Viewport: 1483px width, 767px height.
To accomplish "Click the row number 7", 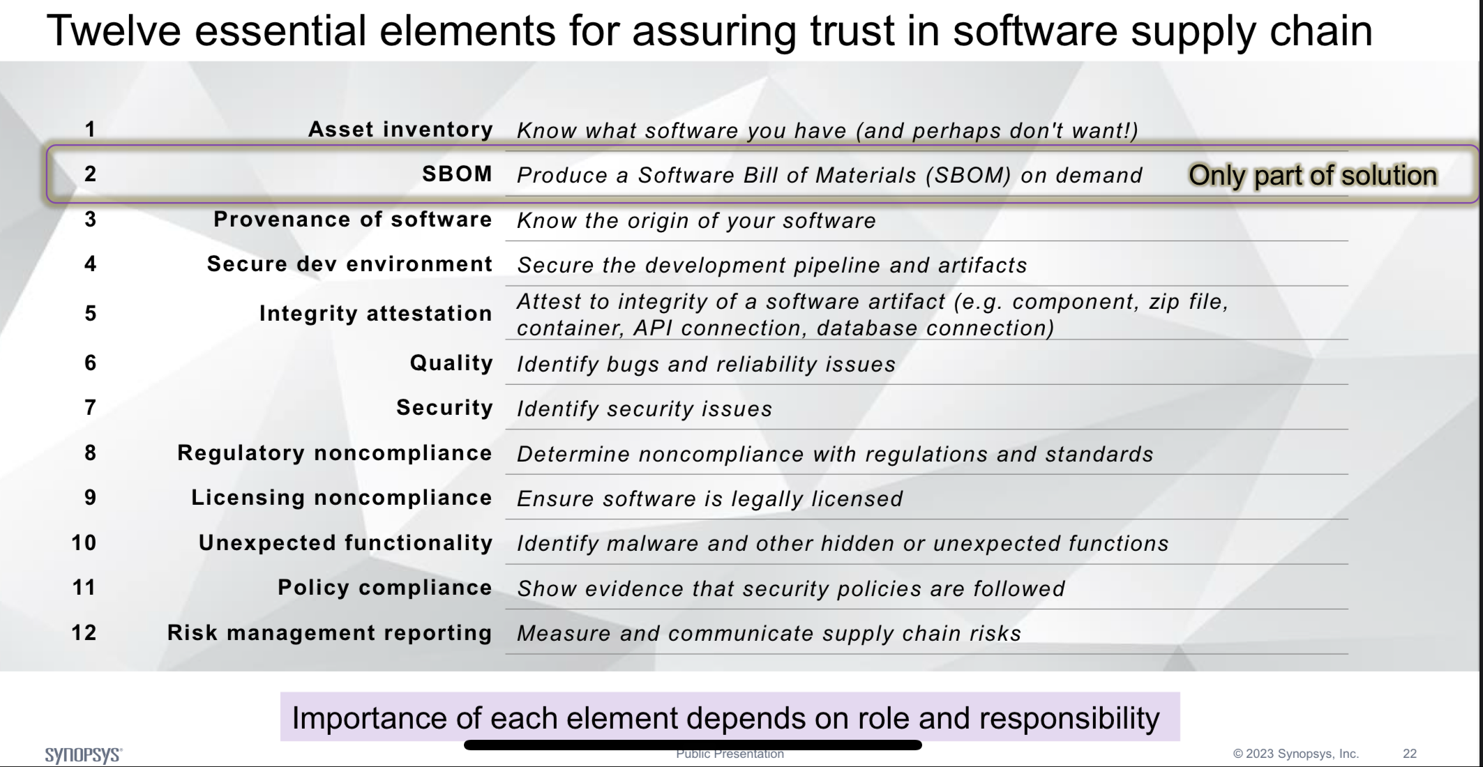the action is tap(90, 407).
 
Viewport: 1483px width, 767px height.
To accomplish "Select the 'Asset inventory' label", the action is tap(401, 130).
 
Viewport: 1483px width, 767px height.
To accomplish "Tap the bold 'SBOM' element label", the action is tap(458, 174).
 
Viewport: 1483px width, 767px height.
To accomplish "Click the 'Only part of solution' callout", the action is tap(1313, 175).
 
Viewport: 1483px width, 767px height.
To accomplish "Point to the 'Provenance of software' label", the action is tap(353, 220).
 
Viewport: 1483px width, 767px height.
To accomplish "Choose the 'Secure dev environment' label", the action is tap(350, 264).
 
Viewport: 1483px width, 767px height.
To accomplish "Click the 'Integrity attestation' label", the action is tap(376, 314).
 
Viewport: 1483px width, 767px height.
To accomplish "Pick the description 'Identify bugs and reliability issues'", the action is tap(706, 365).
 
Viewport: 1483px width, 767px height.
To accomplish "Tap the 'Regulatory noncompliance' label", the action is tap(335, 453).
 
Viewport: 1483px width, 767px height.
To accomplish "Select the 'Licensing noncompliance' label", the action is tap(342, 498).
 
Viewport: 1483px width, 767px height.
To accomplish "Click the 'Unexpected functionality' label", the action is tap(346, 543).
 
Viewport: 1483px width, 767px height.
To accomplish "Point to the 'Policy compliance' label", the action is tap(385, 588).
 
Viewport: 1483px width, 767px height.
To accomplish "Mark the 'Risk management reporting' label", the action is tap(330, 633).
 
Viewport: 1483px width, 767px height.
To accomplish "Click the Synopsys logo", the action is tap(84, 755).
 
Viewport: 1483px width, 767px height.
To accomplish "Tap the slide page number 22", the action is tap(1410, 754).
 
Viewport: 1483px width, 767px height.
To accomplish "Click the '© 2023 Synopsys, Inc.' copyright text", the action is tap(1296, 754).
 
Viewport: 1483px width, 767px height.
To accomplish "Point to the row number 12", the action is tap(84, 633).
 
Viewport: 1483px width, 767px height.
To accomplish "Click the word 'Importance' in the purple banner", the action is tap(370, 718).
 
